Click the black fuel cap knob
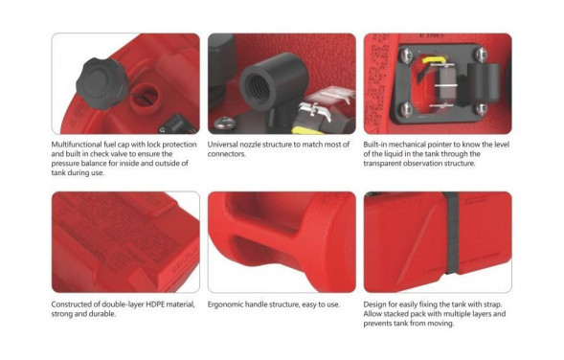[x=102, y=83]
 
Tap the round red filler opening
[x=145, y=99]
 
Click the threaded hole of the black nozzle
[x=259, y=88]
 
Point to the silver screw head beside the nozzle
[x=225, y=123]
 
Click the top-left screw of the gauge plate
[x=406, y=55]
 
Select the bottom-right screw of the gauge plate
[x=482, y=108]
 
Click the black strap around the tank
[x=452, y=233]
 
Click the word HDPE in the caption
[x=155, y=304]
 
